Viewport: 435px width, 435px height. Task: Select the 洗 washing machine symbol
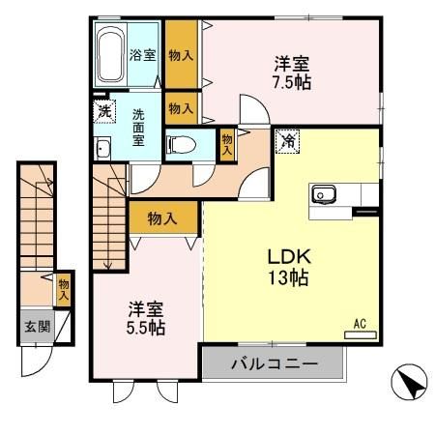click(x=103, y=111)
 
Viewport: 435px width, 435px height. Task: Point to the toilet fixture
click(x=181, y=145)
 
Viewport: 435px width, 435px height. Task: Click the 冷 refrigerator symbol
click(x=287, y=140)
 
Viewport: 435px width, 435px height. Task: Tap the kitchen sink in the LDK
click(x=323, y=195)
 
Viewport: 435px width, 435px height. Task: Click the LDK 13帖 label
click(x=288, y=267)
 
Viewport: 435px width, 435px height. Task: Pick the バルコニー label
click(x=273, y=365)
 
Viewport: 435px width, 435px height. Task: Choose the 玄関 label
click(x=34, y=326)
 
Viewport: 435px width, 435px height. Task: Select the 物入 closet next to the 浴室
click(x=181, y=54)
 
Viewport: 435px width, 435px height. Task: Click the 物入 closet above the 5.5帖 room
click(x=162, y=218)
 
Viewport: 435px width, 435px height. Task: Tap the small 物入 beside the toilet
click(x=227, y=144)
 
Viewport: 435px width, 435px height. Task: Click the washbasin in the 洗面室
click(x=102, y=148)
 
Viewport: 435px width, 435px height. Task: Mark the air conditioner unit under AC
click(x=360, y=334)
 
